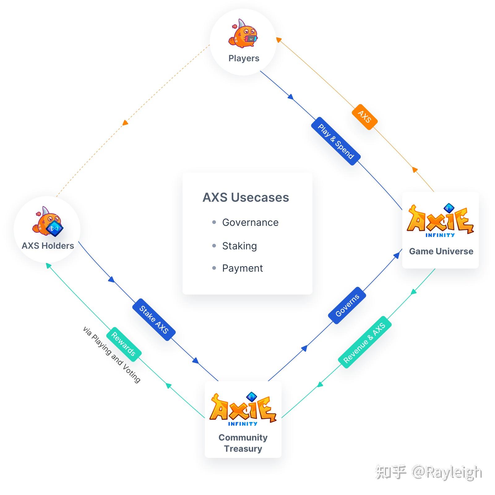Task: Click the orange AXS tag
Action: (364, 117)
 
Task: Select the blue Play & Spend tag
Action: (336, 141)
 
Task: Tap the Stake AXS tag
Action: (154, 320)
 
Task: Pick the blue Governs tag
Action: (347, 305)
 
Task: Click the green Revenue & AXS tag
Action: (365, 342)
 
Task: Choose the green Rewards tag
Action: (124, 344)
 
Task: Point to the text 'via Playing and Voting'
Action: (112, 355)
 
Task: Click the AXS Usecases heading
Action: (246, 197)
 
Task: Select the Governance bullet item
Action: (250, 222)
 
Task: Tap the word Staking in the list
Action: (239, 246)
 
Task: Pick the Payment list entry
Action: (242, 268)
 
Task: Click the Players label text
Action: (244, 58)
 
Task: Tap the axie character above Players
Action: (243, 34)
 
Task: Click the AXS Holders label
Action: (48, 246)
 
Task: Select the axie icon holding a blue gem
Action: (48, 222)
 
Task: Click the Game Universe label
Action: (441, 251)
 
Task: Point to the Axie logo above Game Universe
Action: (440, 221)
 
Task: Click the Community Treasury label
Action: (243, 443)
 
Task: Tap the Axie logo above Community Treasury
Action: (243, 409)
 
